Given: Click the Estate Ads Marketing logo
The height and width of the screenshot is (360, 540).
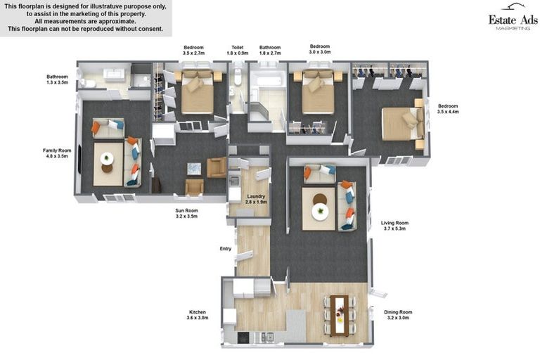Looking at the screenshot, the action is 513,17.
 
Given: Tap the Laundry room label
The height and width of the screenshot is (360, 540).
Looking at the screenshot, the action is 256,199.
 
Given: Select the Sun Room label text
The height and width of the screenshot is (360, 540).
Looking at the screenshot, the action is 186,213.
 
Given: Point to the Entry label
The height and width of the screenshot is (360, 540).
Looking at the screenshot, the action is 226,249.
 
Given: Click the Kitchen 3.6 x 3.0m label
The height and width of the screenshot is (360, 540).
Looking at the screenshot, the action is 198,315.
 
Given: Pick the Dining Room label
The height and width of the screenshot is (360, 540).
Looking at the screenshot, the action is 398,315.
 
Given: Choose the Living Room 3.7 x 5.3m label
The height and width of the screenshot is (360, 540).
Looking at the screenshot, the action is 394,226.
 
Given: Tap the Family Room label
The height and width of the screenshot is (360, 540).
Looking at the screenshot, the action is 57,153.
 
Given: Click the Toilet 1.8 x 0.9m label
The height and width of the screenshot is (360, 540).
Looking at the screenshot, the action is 237,51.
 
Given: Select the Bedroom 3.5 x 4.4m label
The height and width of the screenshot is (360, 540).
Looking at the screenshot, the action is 448,109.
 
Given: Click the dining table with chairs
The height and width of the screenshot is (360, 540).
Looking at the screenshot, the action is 339,315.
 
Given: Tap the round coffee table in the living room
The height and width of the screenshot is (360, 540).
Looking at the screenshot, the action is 320,207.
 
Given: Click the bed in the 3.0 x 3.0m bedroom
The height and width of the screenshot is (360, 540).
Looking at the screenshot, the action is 318,91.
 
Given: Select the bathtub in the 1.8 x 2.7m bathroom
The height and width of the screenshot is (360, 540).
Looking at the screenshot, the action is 269,81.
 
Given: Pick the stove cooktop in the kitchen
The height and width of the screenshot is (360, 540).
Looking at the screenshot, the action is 243,337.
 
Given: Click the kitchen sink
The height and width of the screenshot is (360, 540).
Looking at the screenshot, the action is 267,337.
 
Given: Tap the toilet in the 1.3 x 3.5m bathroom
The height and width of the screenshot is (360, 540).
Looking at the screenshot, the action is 87,84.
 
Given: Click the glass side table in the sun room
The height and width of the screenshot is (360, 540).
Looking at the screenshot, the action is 194,169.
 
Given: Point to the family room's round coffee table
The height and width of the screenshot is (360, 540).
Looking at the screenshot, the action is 107,162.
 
